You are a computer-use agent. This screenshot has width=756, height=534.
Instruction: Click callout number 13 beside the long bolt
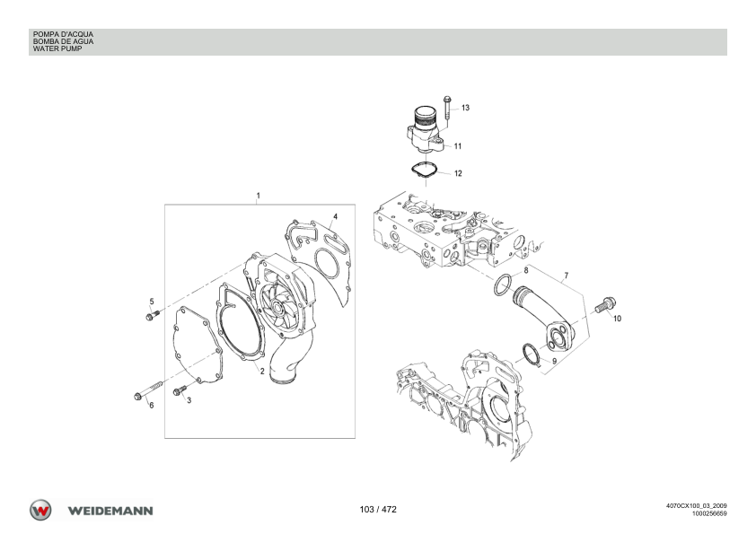click(465, 108)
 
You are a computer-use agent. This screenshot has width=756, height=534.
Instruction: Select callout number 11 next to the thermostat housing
click(458, 146)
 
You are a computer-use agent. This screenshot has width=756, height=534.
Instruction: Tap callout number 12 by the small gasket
click(458, 173)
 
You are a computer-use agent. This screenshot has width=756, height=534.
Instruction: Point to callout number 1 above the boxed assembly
click(258, 196)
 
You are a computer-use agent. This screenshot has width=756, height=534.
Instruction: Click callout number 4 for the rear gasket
click(335, 216)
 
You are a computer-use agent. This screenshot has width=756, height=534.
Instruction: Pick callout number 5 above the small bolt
click(152, 302)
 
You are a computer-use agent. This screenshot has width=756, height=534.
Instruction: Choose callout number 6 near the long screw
click(152, 406)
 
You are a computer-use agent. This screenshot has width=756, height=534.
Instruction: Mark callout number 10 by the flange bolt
click(617, 319)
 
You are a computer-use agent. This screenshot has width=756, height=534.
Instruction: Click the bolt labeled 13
click(447, 109)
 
